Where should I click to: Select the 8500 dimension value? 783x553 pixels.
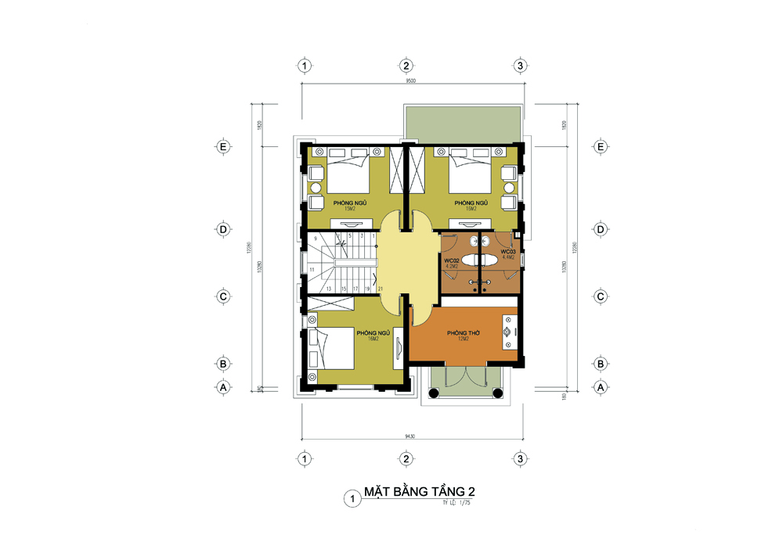pos(410,81)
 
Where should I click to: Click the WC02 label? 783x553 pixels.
pos(451,260)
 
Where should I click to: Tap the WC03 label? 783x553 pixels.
pos(508,251)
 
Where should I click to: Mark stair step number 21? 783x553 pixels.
pos(380,289)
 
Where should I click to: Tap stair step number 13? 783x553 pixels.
pos(330,289)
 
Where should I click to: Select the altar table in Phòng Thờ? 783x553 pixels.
pos(507,332)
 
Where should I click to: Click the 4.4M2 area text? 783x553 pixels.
pos(508,257)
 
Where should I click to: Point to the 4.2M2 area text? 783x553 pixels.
pos(451,266)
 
